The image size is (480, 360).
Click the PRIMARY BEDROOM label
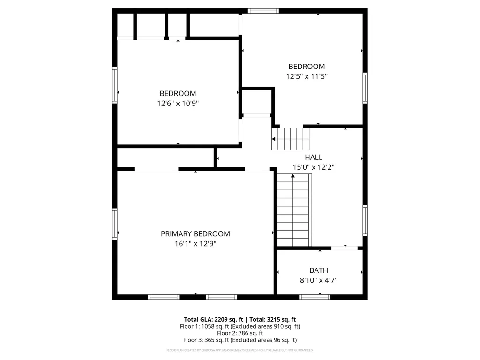tap(195, 234)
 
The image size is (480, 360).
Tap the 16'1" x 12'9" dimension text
tap(195, 244)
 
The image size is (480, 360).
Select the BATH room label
tap(319, 270)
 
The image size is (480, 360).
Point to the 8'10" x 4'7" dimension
tap(319, 280)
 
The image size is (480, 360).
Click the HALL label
tap(314, 157)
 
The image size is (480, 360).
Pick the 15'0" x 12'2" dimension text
tap(314, 167)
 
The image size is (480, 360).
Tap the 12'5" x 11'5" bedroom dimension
tap(307, 76)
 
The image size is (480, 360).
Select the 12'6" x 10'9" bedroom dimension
tap(178, 103)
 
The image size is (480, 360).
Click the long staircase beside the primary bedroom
tap(294, 211)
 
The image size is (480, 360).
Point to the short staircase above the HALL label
tap(291, 139)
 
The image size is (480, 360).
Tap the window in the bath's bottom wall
tap(315, 297)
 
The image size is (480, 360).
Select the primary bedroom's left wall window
tap(115, 224)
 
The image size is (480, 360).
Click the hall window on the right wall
tap(365, 220)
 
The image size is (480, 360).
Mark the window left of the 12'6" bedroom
tap(115, 85)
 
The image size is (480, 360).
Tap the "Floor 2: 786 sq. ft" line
tap(240, 333)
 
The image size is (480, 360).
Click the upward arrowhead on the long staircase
tap(293, 176)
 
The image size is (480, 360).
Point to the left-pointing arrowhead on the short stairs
tap(274, 139)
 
